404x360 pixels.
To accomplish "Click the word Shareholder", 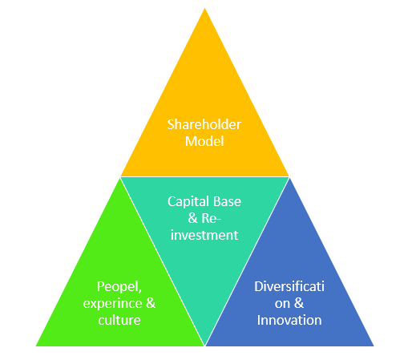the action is pyautogui.click(x=204, y=124).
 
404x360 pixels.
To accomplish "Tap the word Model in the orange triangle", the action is pyautogui.click(x=204, y=141).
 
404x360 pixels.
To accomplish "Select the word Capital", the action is pyautogui.click(x=184, y=202).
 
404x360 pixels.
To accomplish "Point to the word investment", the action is pyautogui.click(x=204, y=235).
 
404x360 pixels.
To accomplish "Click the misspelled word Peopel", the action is pyautogui.click(x=118, y=287).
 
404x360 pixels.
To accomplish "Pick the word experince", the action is pyautogui.click(x=112, y=304).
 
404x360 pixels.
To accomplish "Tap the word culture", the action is pyautogui.click(x=119, y=320).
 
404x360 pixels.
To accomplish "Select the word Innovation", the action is pyautogui.click(x=289, y=320).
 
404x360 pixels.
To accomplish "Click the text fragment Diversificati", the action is pyautogui.click(x=289, y=286).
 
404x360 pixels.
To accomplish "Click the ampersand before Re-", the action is pyautogui.click(x=192, y=218).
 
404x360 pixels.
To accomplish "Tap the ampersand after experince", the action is pyautogui.click(x=151, y=303).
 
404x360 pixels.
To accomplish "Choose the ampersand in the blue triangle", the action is pyautogui.click(x=299, y=303).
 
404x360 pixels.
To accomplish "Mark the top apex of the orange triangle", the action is pyautogui.click(x=205, y=8).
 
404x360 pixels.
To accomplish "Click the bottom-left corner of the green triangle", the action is pyautogui.click(x=36, y=346).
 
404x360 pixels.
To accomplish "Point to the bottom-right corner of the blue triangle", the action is pyautogui.click(x=374, y=346).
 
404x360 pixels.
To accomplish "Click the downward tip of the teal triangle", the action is pyautogui.click(x=205, y=346).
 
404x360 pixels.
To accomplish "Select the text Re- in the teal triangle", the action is pyautogui.click(x=212, y=218).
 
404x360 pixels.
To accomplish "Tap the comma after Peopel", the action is pyautogui.click(x=140, y=291).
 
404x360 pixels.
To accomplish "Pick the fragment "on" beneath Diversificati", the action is pyautogui.click(x=282, y=304).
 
